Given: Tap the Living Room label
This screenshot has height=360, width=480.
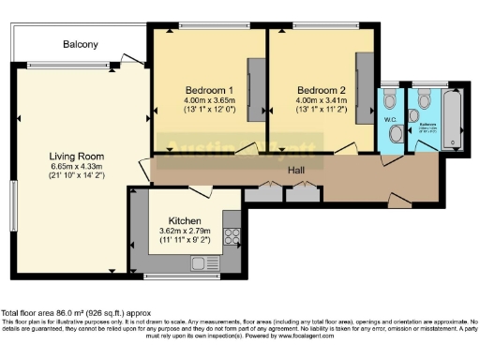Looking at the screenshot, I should [x=77, y=156].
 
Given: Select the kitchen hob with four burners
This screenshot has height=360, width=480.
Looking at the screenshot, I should [x=232, y=236].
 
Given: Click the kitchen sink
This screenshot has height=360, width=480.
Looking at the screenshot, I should [x=202, y=262].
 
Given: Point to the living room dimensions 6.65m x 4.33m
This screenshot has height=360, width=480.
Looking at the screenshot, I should [x=77, y=169].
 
